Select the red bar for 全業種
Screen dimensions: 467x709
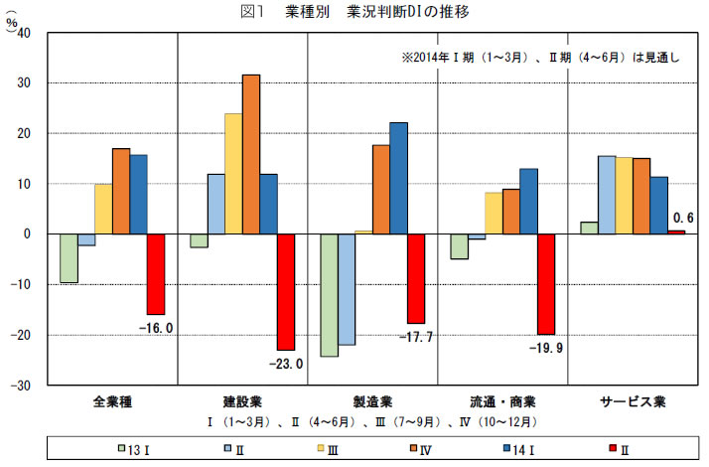(x=156, y=274)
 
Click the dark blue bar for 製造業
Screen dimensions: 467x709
(x=399, y=178)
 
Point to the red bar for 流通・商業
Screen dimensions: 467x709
(x=545, y=284)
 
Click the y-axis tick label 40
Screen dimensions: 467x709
(x=25, y=33)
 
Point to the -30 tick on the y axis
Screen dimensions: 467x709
(x=22, y=386)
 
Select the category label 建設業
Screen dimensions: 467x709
(x=242, y=402)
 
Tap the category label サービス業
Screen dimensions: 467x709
(x=632, y=402)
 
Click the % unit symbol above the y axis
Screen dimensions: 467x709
(x=12, y=21)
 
